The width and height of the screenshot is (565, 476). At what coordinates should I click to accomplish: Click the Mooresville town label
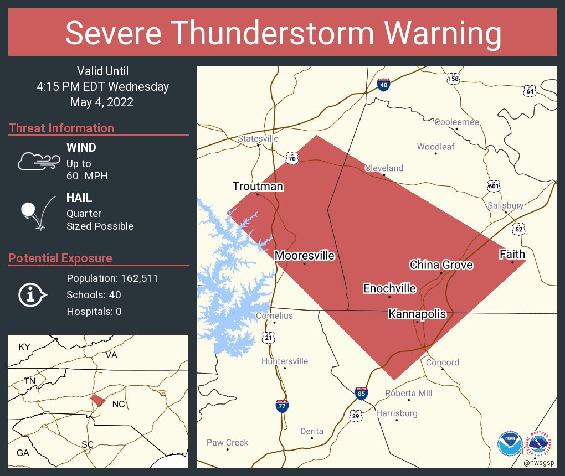tap(305, 256)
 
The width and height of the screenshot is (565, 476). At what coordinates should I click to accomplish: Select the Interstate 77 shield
tap(282, 406)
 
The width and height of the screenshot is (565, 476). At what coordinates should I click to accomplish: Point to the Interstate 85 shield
tap(361, 394)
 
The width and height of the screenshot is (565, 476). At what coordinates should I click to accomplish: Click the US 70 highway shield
tap(292, 159)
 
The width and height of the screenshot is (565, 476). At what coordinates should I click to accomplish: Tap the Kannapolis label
tap(417, 314)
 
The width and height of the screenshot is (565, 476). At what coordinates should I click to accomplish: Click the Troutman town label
tap(258, 186)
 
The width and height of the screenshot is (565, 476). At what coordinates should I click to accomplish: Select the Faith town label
tap(512, 255)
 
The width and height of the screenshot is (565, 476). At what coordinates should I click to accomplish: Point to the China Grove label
tap(441, 265)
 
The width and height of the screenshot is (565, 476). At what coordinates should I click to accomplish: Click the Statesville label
tap(258, 138)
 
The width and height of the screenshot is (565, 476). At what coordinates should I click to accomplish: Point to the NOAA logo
tap(509, 444)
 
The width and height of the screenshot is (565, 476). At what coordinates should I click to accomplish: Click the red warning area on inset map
tap(98, 400)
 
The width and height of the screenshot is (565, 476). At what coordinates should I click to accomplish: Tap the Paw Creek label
tap(227, 442)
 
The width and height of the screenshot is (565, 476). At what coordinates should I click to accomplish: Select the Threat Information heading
tap(61, 128)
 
